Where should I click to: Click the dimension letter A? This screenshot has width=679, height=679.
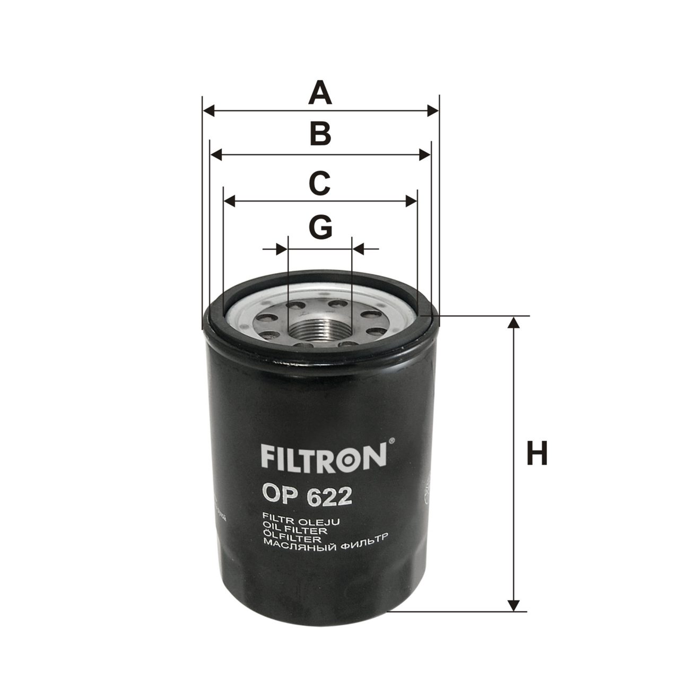pyautogui.click(x=320, y=93)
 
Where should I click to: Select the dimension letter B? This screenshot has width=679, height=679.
pyautogui.click(x=320, y=134)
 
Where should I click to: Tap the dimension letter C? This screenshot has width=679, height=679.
pyautogui.click(x=319, y=183)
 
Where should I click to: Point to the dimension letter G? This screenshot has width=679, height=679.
pyautogui.click(x=320, y=227)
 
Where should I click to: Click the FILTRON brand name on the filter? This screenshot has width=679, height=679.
pyautogui.click(x=324, y=458)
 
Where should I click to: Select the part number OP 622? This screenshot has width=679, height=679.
pyautogui.click(x=307, y=497)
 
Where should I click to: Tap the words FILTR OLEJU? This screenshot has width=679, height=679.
pyautogui.click(x=301, y=521)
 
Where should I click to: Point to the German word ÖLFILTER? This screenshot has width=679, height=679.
pyautogui.click(x=292, y=538)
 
